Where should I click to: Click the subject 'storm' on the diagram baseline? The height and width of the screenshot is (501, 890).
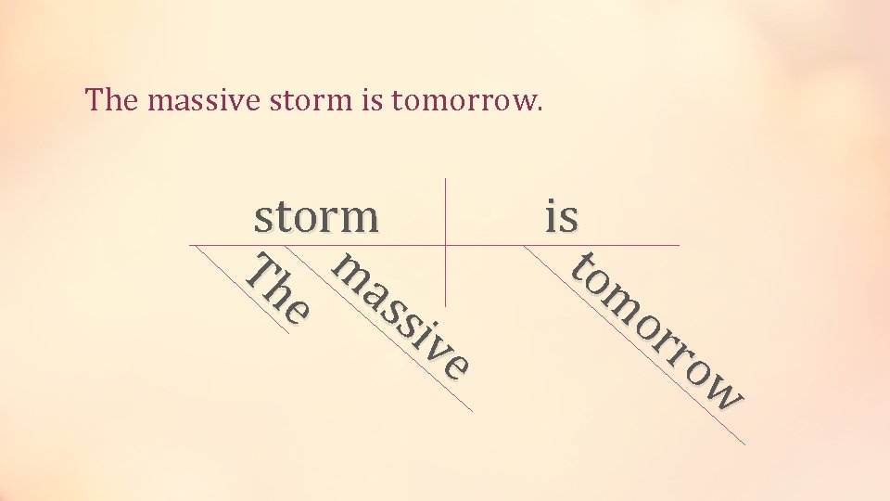pos(316,218)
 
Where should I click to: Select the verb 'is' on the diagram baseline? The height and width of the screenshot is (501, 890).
pos(562,217)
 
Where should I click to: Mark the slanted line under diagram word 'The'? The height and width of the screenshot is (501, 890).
pos(243,289)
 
